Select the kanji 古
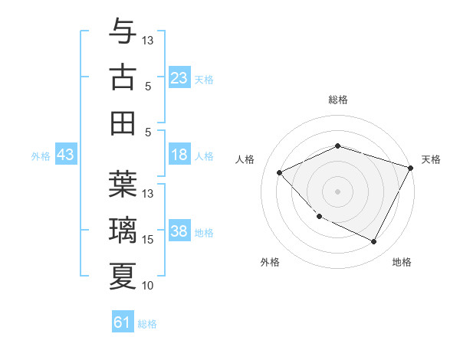pos(123,77)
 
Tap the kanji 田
pos(123,123)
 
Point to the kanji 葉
pos(123,184)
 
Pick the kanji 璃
pos(123,230)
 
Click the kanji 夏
pos(123,276)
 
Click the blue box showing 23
pos(179,78)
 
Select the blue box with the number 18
pos(179,155)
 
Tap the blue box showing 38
pos(179,232)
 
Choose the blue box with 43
pos(65,155)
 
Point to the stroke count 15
pos(148,240)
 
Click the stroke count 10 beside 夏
pos(148,286)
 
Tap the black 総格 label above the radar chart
pos(338,100)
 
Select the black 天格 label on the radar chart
pos(431,159)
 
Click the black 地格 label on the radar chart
pos(402,262)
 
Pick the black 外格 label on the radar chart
pos(270,262)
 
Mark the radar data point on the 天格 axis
pos(411,168)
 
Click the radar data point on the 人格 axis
pos(280,173)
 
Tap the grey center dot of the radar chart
pos(338,191)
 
